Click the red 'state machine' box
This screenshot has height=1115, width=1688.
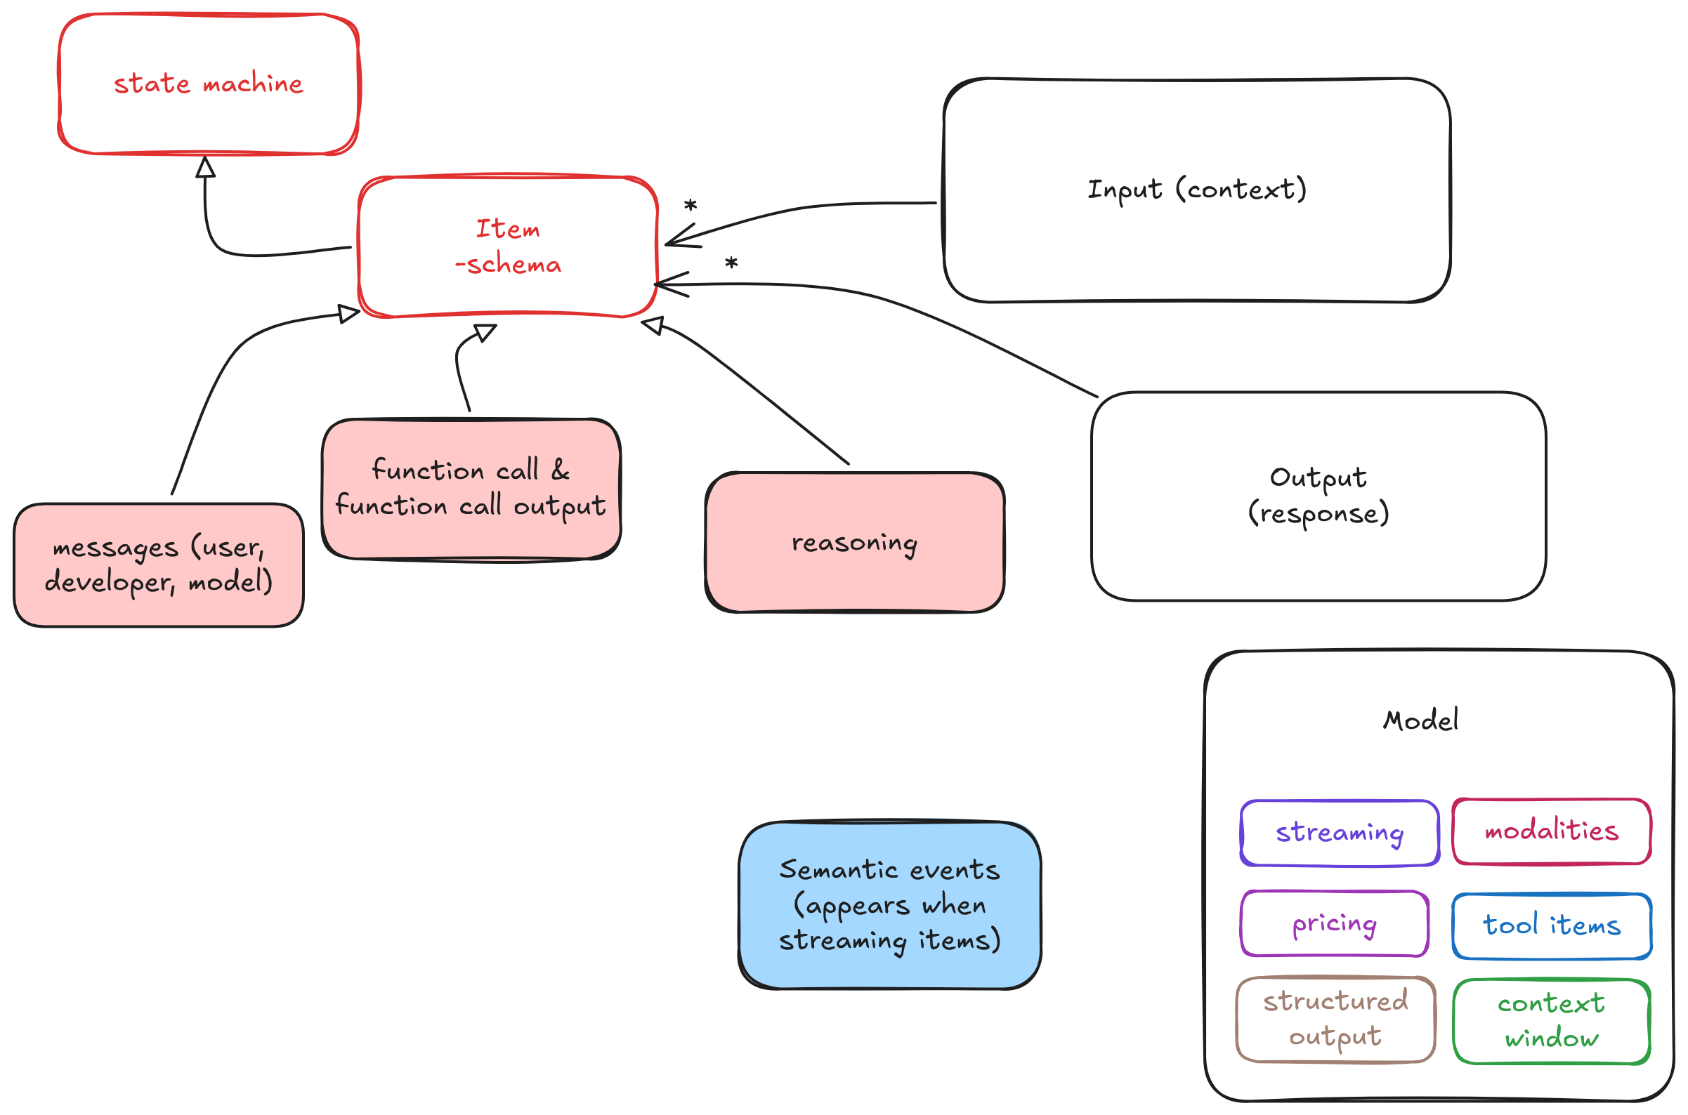[209, 84]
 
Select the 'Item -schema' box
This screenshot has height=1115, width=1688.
[507, 246]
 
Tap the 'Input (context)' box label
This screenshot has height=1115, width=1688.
[1196, 190]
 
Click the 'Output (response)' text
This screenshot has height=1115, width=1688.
[1317, 496]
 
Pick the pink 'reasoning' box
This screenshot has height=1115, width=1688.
[853, 543]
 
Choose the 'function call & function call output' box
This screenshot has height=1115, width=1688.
[470, 489]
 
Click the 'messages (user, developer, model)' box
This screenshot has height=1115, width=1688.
[158, 565]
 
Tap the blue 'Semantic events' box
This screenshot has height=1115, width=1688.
[889, 904]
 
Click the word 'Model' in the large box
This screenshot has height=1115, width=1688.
[1420, 720]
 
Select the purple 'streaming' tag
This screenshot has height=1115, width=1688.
[1339, 833]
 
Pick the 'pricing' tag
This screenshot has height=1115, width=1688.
[1334, 923]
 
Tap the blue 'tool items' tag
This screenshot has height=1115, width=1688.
[1551, 925]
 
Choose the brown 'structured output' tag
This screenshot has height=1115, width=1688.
[1335, 1019]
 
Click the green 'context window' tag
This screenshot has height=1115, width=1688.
[1551, 1021]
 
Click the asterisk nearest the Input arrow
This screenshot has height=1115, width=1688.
[690, 206]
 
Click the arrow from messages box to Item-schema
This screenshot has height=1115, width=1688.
[214, 384]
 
